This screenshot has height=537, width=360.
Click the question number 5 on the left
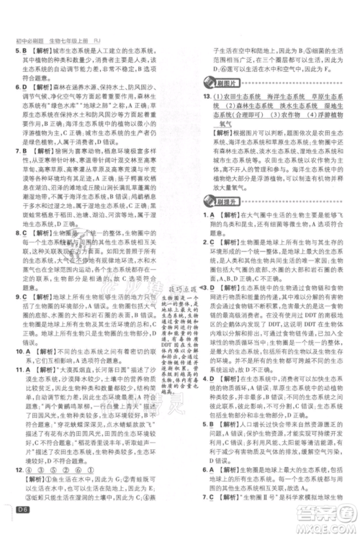point(15,53)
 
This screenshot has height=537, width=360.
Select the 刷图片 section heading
point(221,84)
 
